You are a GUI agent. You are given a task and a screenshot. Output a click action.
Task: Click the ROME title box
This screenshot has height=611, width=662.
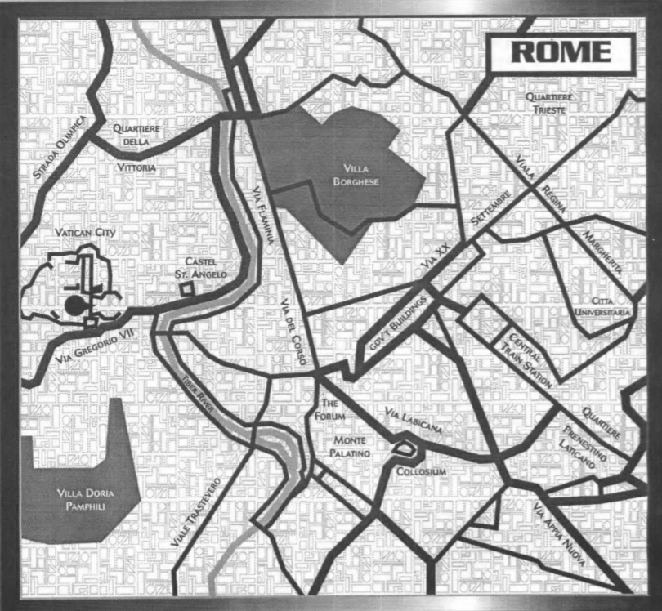[561, 52]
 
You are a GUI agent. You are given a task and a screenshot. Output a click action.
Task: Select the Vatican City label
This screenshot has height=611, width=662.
[85, 234]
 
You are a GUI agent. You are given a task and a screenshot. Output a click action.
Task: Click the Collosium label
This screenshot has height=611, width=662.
[420, 472]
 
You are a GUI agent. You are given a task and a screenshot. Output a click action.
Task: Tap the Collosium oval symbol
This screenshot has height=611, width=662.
[403, 448]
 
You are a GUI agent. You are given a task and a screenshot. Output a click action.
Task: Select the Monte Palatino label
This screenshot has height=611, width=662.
[351, 447]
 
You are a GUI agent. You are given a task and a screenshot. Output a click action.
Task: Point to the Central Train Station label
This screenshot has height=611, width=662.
[530, 360]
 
